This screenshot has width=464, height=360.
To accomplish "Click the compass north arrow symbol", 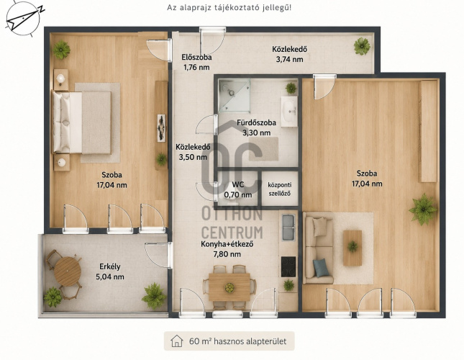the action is [23, 18].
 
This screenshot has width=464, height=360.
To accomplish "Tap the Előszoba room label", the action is [196, 58].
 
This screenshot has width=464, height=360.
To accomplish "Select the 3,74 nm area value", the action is [289, 59].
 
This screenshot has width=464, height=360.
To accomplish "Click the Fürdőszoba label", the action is [256, 122].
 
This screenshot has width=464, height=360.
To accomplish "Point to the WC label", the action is [238, 185].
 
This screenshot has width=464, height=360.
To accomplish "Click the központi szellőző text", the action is [280, 189].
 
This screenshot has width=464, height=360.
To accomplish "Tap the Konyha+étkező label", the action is [227, 245].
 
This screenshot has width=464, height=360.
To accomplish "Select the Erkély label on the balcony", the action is [110, 266].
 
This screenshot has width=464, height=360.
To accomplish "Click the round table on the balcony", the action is [68, 271].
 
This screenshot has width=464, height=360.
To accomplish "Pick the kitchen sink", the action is [288, 228].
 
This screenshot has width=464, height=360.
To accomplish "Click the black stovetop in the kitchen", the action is [288, 266].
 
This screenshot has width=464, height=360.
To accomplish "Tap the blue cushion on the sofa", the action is [321, 268].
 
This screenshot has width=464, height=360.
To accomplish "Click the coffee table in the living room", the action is [352, 248].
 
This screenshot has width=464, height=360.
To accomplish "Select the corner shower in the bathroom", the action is [235, 95].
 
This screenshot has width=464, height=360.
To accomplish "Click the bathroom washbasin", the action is [288, 111].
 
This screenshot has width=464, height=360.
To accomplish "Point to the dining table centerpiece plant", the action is [229, 287].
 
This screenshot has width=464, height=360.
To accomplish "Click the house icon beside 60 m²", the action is [177, 341].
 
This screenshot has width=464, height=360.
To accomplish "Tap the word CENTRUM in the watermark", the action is [232, 233].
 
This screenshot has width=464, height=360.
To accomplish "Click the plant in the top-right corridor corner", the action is [362, 46].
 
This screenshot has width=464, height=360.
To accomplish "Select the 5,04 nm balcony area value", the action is [110, 276].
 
